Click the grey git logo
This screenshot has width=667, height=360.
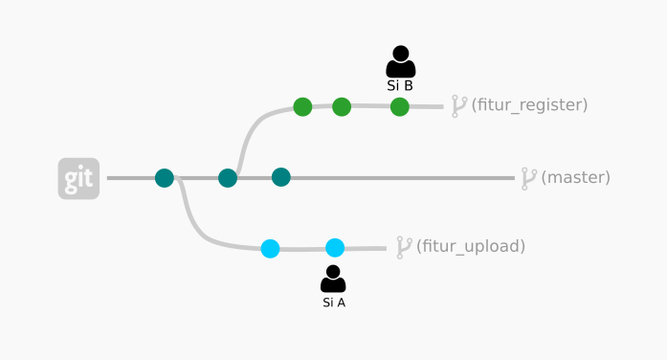click(x=78, y=178)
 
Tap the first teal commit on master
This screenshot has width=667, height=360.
click(x=165, y=177)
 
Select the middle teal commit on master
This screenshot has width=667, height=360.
click(x=228, y=177)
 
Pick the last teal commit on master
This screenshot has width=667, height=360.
click(x=280, y=177)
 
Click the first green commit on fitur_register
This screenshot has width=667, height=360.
click(x=302, y=106)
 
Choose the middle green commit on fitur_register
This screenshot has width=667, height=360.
click(x=342, y=106)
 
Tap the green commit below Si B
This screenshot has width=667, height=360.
click(x=400, y=106)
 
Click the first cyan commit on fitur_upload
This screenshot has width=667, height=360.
click(x=271, y=249)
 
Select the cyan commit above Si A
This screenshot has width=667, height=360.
click(x=335, y=248)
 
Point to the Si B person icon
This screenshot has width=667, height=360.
click(x=400, y=61)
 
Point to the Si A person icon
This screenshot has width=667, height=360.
click(x=333, y=279)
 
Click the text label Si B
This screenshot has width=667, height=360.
click(x=400, y=85)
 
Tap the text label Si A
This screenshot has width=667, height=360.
click(x=334, y=303)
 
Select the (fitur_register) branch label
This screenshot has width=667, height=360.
click(x=529, y=105)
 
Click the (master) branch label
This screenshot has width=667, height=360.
click(x=575, y=177)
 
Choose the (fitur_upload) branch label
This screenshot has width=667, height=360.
click(x=471, y=246)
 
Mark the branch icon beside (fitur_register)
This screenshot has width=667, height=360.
click(x=459, y=105)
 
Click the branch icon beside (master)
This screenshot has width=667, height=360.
click(x=528, y=178)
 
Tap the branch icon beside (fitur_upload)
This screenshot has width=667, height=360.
click(x=404, y=247)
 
